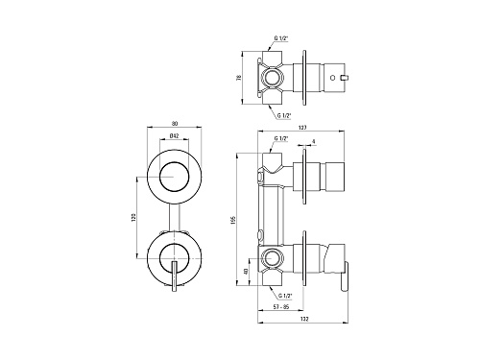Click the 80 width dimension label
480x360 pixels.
pos(175,124)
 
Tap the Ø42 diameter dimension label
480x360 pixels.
pos(174,135)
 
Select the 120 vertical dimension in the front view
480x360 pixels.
pos(133,218)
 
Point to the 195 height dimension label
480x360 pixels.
pos(233,220)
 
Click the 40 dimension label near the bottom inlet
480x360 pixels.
pos(246,272)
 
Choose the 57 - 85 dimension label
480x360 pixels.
pos(281,306)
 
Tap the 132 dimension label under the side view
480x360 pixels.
pos(304,319)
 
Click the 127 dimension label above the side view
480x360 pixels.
pos(302,128)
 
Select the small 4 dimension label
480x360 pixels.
pos(314,141)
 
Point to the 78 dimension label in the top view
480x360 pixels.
pos(239,78)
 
